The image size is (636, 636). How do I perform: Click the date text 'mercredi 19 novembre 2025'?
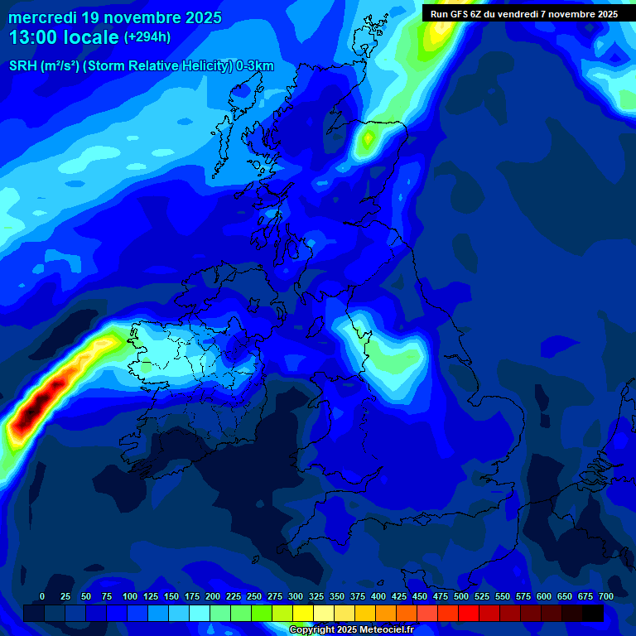(x=115, y=17)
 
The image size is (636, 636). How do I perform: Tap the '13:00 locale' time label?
(x=65, y=37)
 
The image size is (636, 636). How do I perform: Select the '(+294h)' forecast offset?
(x=147, y=37)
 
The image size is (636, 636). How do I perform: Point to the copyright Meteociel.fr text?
(x=350, y=629)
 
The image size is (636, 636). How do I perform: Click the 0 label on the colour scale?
(x=42, y=596)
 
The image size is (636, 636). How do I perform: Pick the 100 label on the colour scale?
(x=130, y=596)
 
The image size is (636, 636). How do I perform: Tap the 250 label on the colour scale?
(x=254, y=596)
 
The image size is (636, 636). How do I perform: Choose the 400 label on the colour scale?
(x=378, y=596)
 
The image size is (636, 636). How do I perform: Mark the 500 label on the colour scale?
(x=461, y=596)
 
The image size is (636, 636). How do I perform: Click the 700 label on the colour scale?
(x=606, y=596)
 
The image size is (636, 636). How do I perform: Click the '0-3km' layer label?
(x=254, y=66)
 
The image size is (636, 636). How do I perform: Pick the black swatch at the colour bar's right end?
(x=593, y=613)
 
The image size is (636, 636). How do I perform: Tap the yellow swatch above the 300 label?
(x=303, y=613)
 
